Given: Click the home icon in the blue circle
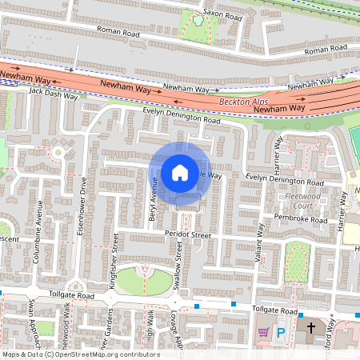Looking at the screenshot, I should (180, 172).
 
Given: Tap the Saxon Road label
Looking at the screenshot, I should (222, 14).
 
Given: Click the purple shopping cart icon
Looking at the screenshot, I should (263, 332).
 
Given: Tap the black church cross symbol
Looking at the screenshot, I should (311, 329).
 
